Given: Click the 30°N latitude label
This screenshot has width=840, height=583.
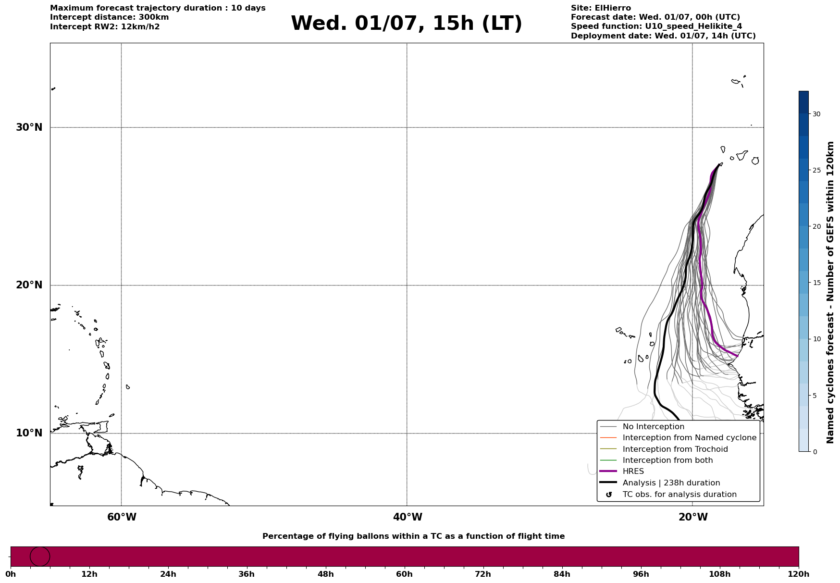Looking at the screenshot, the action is click(x=29, y=127).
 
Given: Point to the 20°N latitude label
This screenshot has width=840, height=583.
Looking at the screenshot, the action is click(x=29, y=285).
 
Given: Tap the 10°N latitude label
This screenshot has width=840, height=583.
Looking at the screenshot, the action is click(x=29, y=433).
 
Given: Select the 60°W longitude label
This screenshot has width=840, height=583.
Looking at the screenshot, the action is click(x=122, y=517).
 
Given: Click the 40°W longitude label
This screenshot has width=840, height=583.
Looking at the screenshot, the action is click(x=408, y=517).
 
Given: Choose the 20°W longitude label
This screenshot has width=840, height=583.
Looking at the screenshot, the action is click(x=693, y=517).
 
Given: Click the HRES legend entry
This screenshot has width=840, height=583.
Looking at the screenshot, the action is click(x=633, y=471).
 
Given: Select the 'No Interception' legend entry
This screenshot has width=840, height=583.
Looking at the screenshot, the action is click(x=654, y=427).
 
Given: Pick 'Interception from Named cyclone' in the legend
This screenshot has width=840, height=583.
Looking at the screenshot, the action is click(x=690, y=438).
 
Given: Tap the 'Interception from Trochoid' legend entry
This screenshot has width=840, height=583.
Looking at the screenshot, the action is click(x=675, y=449).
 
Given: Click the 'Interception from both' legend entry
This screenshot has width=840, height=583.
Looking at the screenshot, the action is click(x=668, y=460).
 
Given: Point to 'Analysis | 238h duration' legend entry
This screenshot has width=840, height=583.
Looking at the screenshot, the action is click(x=671, y=483).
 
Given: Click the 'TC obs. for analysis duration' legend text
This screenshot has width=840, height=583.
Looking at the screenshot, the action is click(x=679, y=495).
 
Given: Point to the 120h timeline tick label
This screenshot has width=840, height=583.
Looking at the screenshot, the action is click(x=799, y=574).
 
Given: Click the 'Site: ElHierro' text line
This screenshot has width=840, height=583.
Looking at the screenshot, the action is click(x=601, y=8).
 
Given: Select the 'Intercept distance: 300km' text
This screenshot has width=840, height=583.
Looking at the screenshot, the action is click(x=110, y=17).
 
